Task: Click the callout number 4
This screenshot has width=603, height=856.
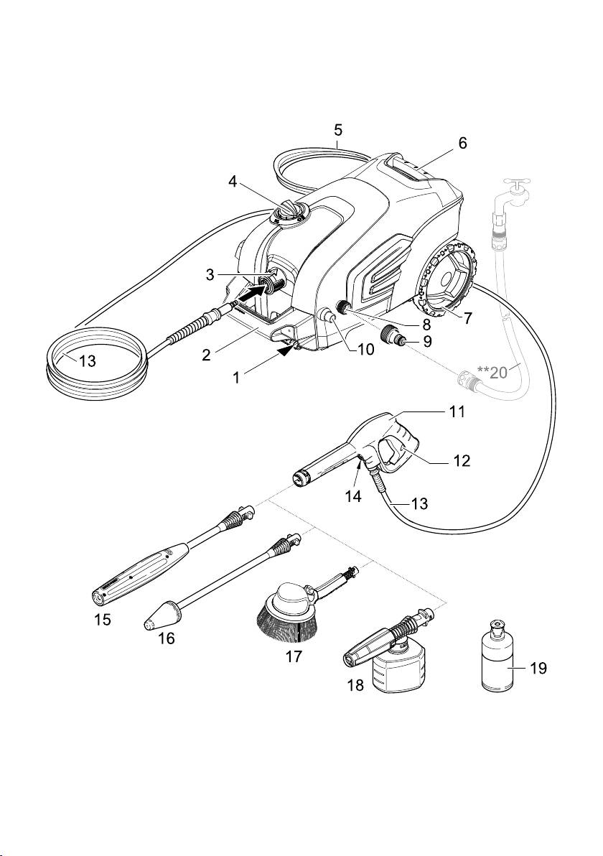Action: (x=233, y=182)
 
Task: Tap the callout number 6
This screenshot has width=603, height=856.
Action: (x=462, y=143)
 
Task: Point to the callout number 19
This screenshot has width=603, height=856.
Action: (x=538, y=669)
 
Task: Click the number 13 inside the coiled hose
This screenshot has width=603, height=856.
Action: (x=87, y=361)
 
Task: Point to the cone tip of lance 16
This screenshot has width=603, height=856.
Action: (x=150, y=621)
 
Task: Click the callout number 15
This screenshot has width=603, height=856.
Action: (x=103, y=620)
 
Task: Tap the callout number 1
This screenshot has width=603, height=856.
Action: (x=236, y=377)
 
